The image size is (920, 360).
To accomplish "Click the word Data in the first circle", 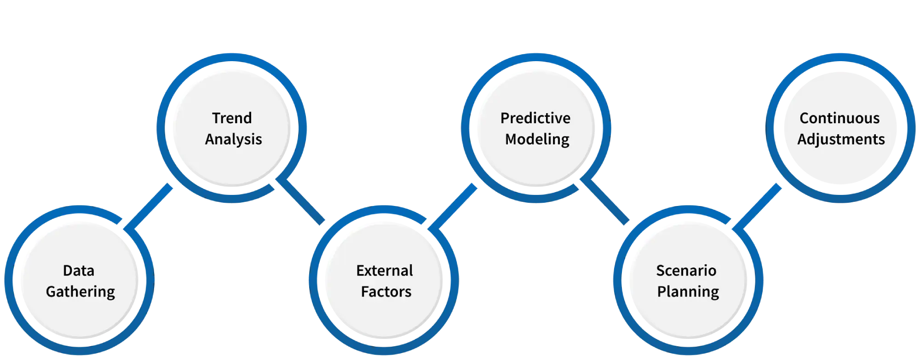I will pos(79,270).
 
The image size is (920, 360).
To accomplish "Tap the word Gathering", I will pos(80,291).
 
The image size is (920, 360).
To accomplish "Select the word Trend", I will pos(232,118).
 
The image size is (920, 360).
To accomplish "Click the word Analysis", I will pos(233,139).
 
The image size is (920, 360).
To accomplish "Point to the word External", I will pos(385,270).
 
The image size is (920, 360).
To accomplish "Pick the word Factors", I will pos(386,291).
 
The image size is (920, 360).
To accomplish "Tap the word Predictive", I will pos(535,118).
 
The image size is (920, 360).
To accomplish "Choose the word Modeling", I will pos(537,139).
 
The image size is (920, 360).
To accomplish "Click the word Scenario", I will pos(686,270).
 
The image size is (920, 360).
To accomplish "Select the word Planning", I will pos(688,291).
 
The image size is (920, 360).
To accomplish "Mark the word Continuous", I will pos(839,118).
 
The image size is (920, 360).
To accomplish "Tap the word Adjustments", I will pos(841,139).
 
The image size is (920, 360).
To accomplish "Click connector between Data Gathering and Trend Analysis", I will pos(149,207).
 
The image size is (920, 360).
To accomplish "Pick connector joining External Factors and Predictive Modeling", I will pos(453,206).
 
